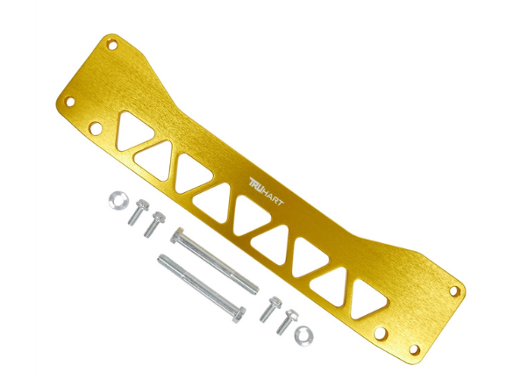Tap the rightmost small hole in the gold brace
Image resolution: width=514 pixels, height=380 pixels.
coord(454,290)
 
